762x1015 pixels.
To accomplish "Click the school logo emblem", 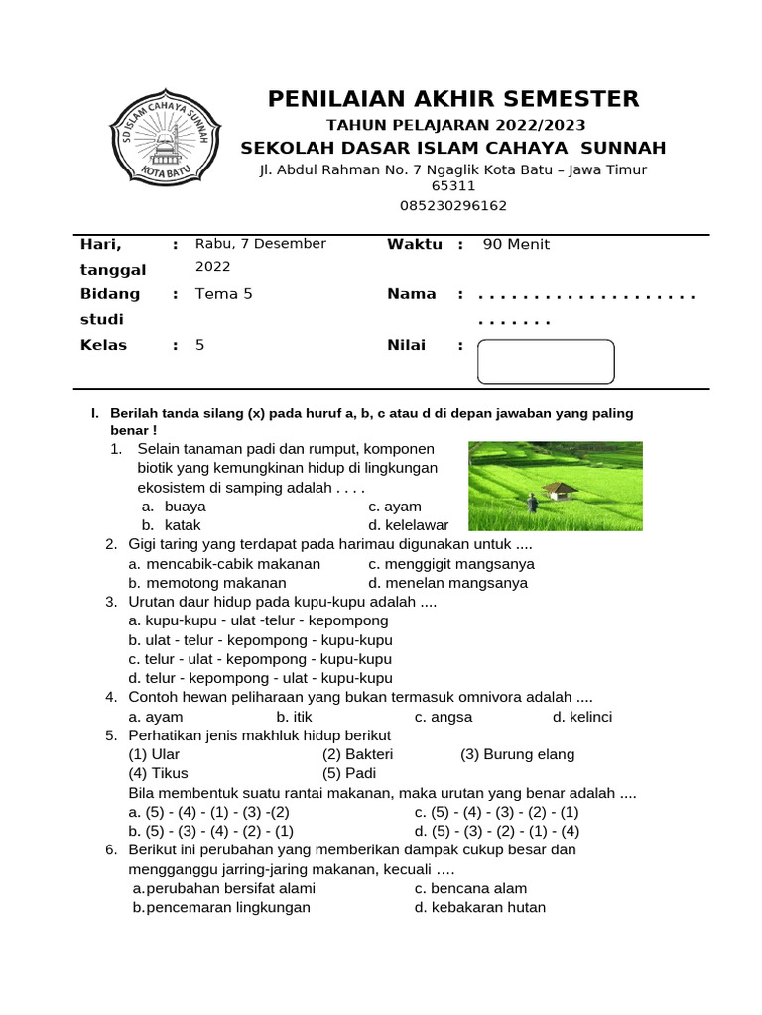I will coord(159,140).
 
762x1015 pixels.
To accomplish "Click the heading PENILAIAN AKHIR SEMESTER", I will coord(453,98).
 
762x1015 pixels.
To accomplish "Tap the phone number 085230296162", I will coord(452,206).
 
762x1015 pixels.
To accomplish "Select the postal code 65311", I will coord(452,185).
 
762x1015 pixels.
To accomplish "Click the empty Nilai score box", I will coord(546,361).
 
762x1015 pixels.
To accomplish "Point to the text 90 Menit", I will coord(516,244).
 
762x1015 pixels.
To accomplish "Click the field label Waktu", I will coord(414,244).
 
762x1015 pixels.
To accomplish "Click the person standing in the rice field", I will coord(532,503).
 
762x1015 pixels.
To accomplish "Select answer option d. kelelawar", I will coord(408,525).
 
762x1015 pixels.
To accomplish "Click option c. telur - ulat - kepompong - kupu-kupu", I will coord(260,659).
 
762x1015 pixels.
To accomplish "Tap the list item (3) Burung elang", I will coord(517,754).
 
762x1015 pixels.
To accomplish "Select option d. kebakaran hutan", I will coord(480,907).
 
